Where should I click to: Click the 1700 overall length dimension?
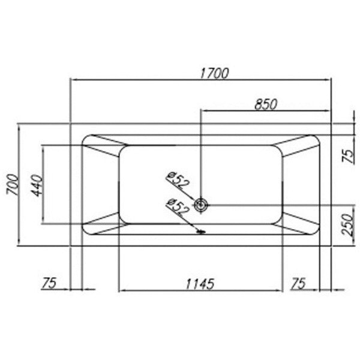[214, 73]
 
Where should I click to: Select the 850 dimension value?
[266, 104]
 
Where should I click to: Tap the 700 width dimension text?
[13, 185]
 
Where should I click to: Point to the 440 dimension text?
[37, 186]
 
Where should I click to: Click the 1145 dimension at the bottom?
[200, 284]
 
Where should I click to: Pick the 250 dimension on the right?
[347, 224]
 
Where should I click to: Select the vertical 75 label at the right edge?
[348, 156]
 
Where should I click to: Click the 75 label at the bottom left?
[49, 283]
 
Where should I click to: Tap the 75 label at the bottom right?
[298, 283]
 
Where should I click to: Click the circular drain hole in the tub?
[201, 205]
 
